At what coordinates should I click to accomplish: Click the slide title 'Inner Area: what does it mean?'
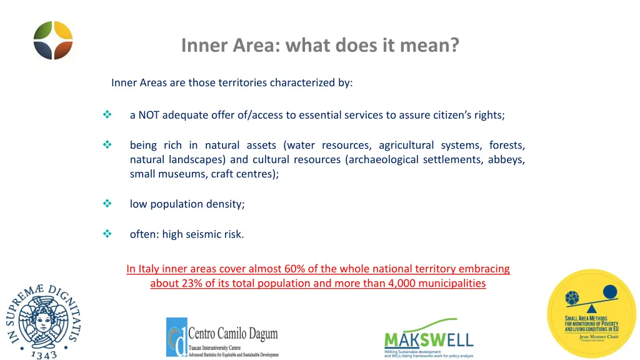[319, 46]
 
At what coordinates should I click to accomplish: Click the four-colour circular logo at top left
[53, 41]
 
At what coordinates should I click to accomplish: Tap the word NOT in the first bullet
[149, 115]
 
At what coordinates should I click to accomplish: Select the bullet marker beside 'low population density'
[106, 204]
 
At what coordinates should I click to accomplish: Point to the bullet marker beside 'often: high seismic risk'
[106, 234]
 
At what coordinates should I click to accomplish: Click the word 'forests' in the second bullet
[507, 145]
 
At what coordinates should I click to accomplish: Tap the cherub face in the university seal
[42, 321]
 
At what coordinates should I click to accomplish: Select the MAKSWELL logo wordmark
[428, 340]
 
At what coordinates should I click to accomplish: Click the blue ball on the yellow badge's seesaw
[609, 292]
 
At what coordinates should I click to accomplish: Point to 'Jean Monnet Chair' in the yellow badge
[591, 336]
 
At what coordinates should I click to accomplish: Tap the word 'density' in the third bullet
[226, 204]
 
